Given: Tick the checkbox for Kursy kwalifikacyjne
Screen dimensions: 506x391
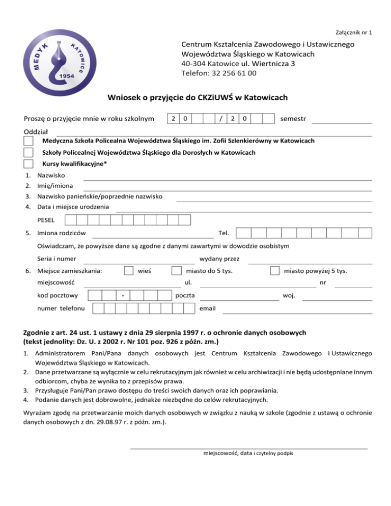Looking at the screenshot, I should [x=29, y=164].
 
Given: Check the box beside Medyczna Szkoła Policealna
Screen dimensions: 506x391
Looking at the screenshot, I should [x=29, y=140].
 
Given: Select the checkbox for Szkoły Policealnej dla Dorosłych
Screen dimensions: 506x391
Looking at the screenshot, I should [x=29, y=152].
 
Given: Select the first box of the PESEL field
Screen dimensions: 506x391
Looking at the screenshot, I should [x=71, y=220].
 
